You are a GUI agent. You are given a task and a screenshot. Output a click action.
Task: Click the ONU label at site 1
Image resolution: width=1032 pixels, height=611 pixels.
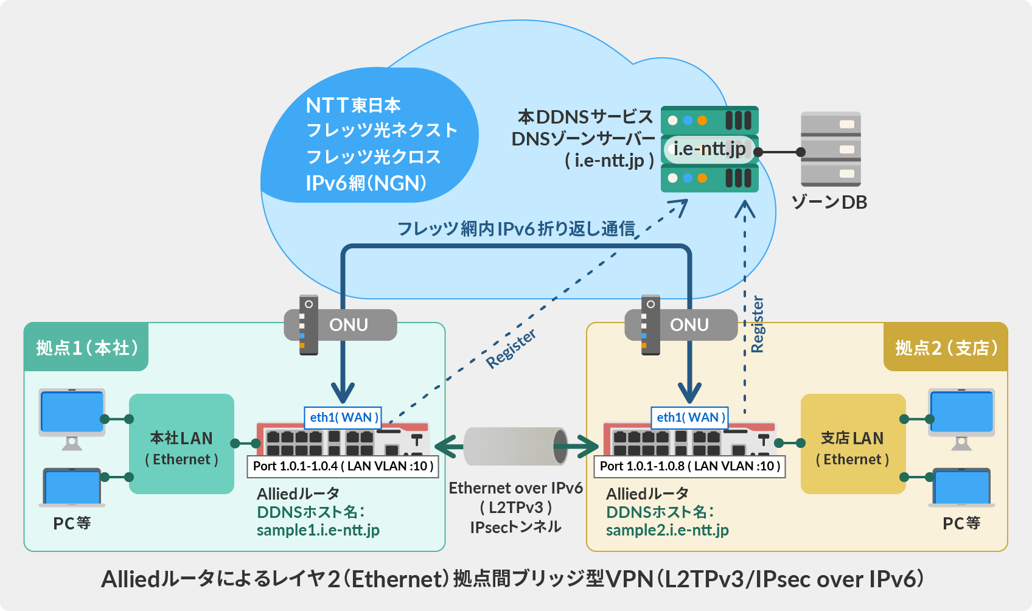click(x=348, y=324)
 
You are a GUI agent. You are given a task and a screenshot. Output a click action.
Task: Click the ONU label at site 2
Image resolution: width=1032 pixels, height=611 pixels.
click(x=689, y=324)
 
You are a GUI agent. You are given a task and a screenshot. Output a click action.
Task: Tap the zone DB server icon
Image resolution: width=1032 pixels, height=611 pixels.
click(x=831, y=149)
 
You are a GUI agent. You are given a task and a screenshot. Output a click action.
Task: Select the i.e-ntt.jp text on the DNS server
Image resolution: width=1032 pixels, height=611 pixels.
click(x=709, y=148)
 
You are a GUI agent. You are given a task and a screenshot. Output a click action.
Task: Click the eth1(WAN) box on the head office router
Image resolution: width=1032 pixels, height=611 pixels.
click(x=343, y=417)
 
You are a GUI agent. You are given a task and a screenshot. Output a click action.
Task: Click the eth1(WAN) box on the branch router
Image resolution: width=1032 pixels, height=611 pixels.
click(x=690, y=417)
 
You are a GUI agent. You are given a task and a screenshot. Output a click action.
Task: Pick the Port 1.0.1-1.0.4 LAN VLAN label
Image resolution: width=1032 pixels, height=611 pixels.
click(x=343, y=466)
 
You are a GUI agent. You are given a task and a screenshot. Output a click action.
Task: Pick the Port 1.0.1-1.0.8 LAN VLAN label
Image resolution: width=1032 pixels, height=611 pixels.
click(x=690, y=466)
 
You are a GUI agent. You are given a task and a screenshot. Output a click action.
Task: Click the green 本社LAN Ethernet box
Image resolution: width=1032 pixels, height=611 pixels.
click(x=181, y=444)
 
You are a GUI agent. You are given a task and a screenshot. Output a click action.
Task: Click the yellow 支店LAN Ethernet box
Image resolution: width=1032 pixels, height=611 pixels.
click(x=852, y=444)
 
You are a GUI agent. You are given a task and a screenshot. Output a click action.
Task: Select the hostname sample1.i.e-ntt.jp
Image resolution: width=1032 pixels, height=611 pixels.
click(x=318, y=530)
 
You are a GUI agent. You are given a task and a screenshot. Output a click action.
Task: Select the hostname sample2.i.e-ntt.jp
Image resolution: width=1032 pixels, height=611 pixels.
click(x=667, y=530)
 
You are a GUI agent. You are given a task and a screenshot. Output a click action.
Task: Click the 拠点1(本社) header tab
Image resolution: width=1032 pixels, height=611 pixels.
click(x=86, y=347)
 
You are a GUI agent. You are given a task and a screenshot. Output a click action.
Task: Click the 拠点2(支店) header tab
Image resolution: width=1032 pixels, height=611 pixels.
click(x=946, y=347)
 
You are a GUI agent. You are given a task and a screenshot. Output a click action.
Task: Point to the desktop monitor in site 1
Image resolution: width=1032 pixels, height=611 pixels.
click(x=72, y=414)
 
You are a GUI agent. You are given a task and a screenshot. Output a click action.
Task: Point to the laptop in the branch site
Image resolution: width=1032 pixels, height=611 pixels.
click(x=961, y=487)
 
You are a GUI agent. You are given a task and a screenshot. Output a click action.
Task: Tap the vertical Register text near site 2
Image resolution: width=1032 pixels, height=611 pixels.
click(x=757, y=324)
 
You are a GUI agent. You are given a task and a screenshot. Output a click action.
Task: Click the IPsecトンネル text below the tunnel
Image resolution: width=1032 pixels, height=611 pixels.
click(x=515, y=527)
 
